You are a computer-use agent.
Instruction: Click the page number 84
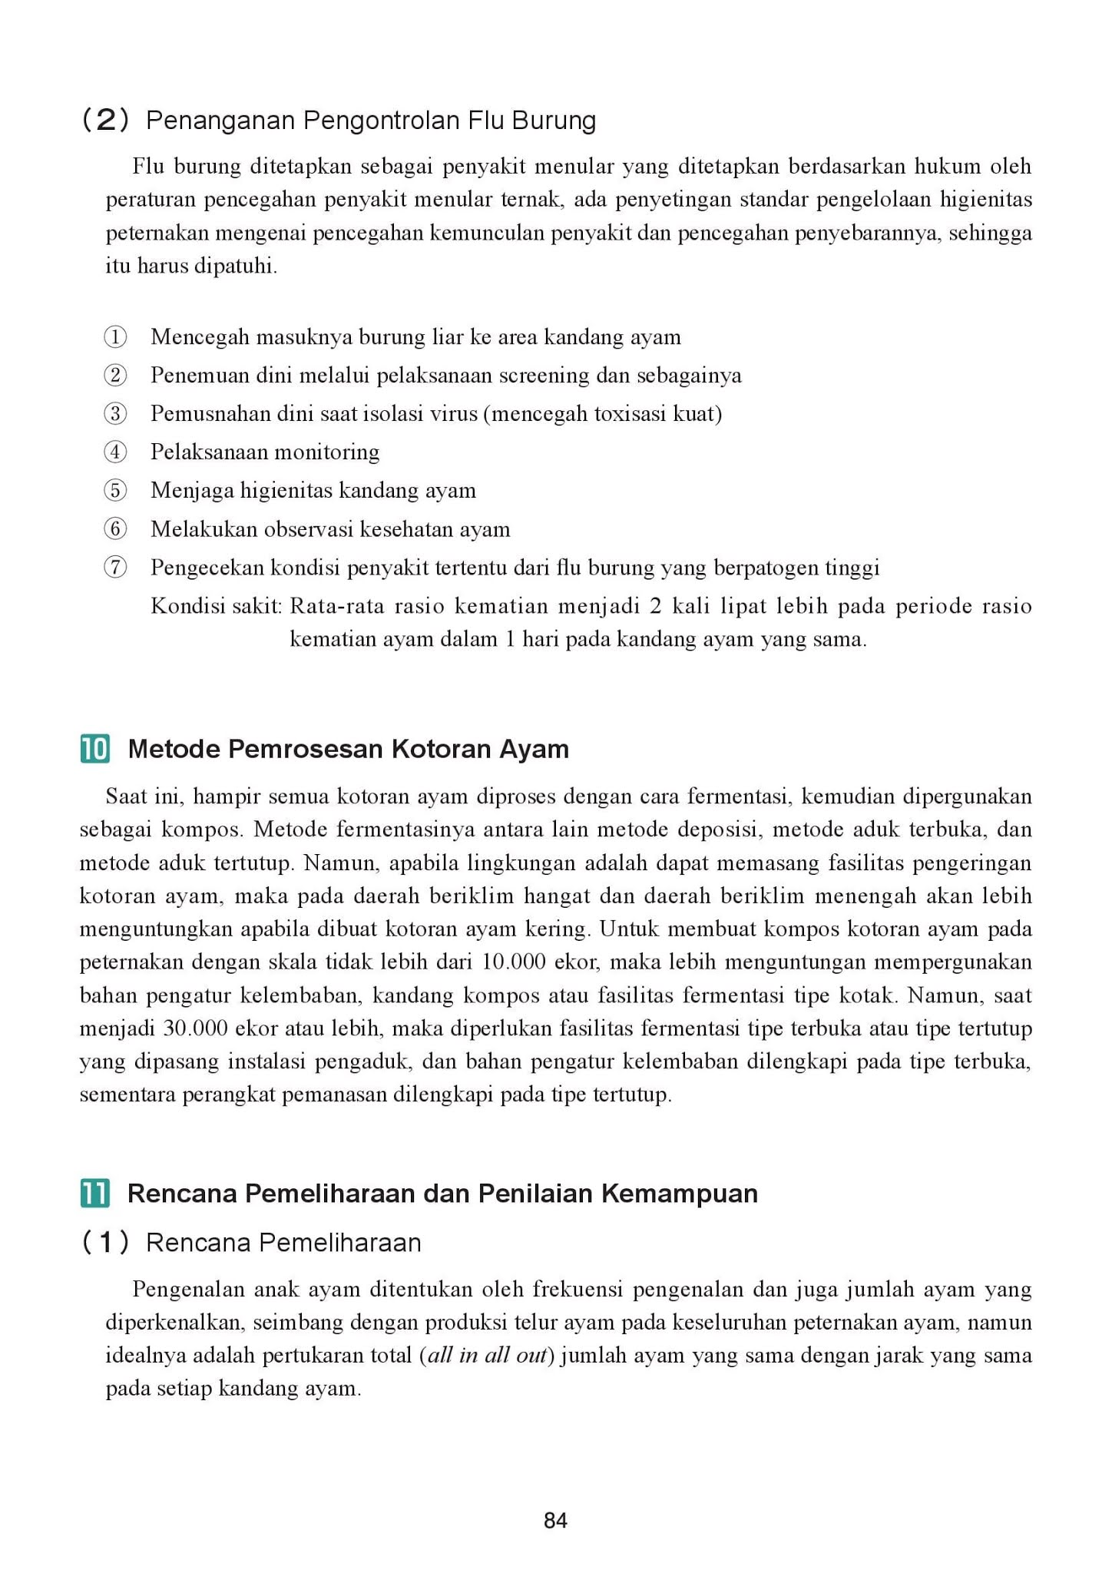555,1520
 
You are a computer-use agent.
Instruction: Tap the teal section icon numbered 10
94,749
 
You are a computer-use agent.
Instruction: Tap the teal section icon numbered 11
94,1194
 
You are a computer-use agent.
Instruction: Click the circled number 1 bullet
115,336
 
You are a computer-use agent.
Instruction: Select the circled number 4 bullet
115,452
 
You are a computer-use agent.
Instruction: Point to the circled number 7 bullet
115,568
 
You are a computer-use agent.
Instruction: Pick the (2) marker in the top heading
105,121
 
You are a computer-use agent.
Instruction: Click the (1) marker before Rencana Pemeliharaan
105,1243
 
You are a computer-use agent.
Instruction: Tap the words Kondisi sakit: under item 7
217,606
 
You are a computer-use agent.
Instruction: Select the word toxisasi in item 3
627,414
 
